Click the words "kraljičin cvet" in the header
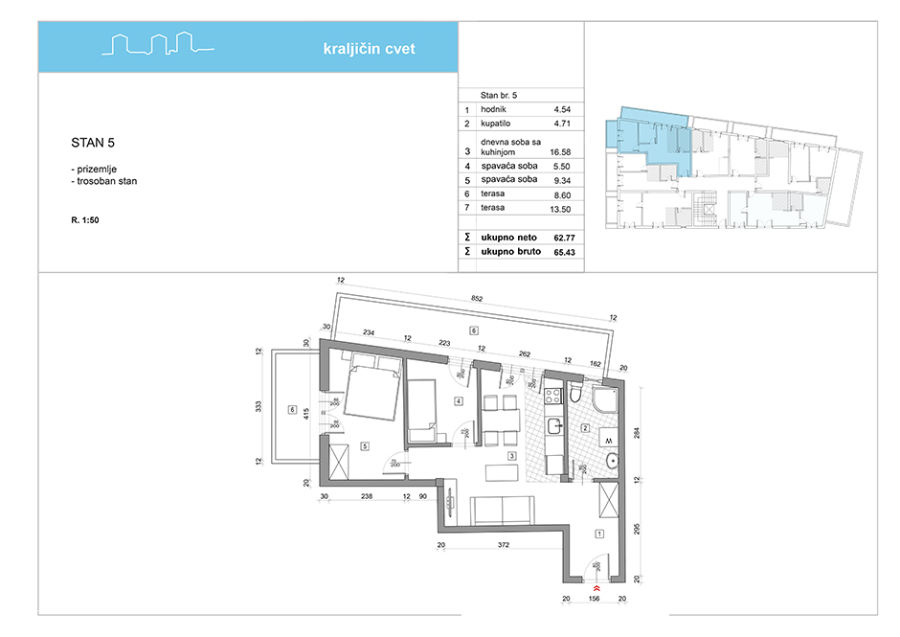click(x=370, y=50)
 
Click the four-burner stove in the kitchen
click(x=553, y=396)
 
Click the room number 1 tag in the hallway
click(x=599, y=534)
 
